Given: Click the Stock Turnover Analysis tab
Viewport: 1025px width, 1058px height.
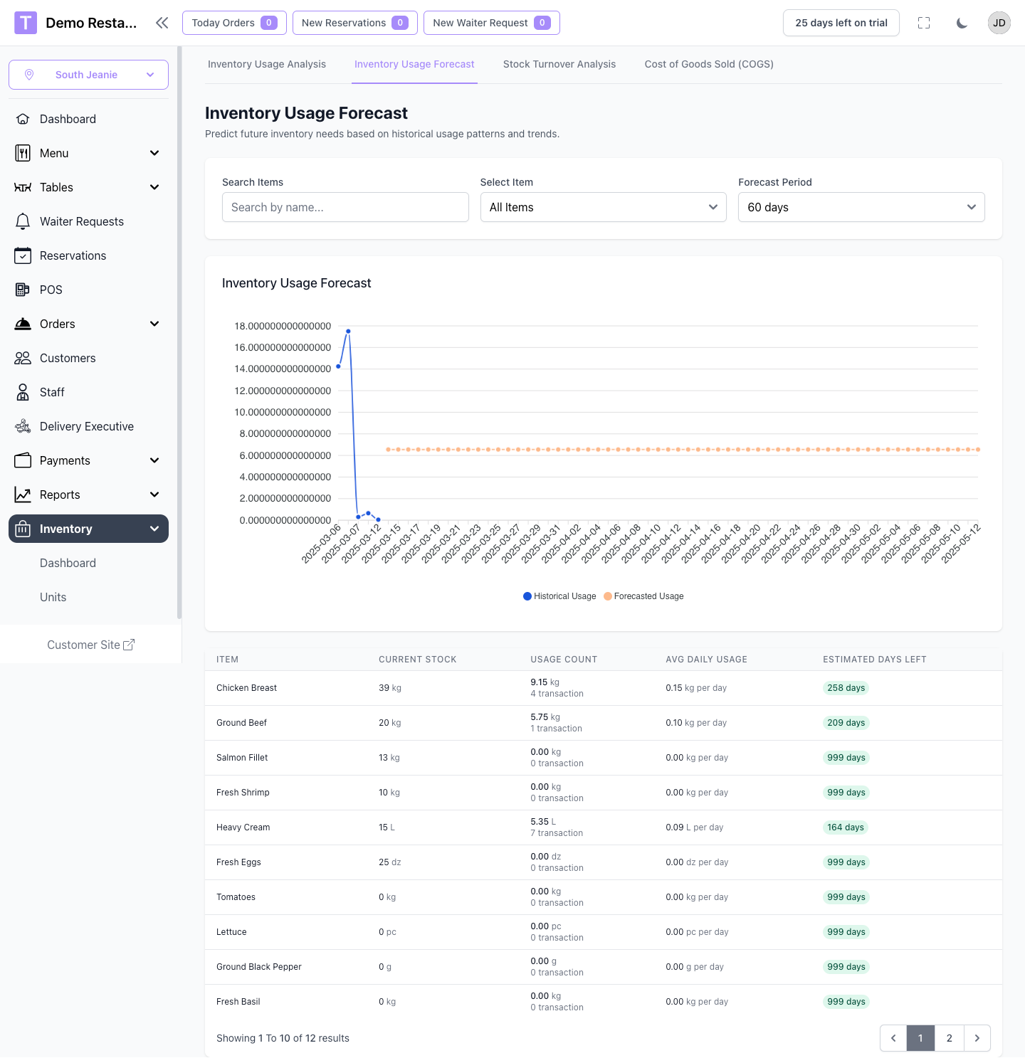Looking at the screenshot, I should click(x=559, y=64).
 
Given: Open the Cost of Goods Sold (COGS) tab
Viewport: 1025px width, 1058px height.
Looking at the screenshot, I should click(x=708, y=64).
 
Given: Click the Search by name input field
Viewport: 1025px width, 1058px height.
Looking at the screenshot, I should click(x=345, y=207).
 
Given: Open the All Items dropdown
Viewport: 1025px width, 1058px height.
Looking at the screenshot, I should click(x=603, y=207).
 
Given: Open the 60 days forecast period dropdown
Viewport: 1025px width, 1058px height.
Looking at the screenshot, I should click(x=861, y=207).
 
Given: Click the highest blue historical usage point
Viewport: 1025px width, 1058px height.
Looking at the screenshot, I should click(x=348, y=332).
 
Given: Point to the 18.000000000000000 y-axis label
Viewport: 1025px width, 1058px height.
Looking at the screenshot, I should click(x=283, y=326).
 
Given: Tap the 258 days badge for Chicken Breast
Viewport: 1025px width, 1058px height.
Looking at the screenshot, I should click(x=846, y=688).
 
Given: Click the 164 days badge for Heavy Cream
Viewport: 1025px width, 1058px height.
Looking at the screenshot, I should click(x=845, y=827).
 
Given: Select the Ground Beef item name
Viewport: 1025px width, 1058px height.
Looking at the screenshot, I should click(x=241, y=723).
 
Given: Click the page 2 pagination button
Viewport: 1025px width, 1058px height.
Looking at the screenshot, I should click(x=949, y=1038).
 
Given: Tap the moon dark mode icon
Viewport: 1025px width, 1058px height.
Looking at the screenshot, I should click(x=962, y=23).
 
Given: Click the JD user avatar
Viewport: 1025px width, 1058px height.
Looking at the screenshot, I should click(x=999, y=23).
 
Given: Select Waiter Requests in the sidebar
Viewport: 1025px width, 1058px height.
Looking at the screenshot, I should click(x=81, y=221).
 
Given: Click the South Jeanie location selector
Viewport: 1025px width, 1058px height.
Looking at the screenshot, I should click(x=88, y=75).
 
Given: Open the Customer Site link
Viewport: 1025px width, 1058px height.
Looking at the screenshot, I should click(x=90, y=645).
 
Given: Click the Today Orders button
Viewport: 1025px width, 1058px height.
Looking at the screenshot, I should click(x=234, y=23).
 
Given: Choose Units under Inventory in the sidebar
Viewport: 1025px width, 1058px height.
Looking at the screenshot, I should click(x=53, y=597).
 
